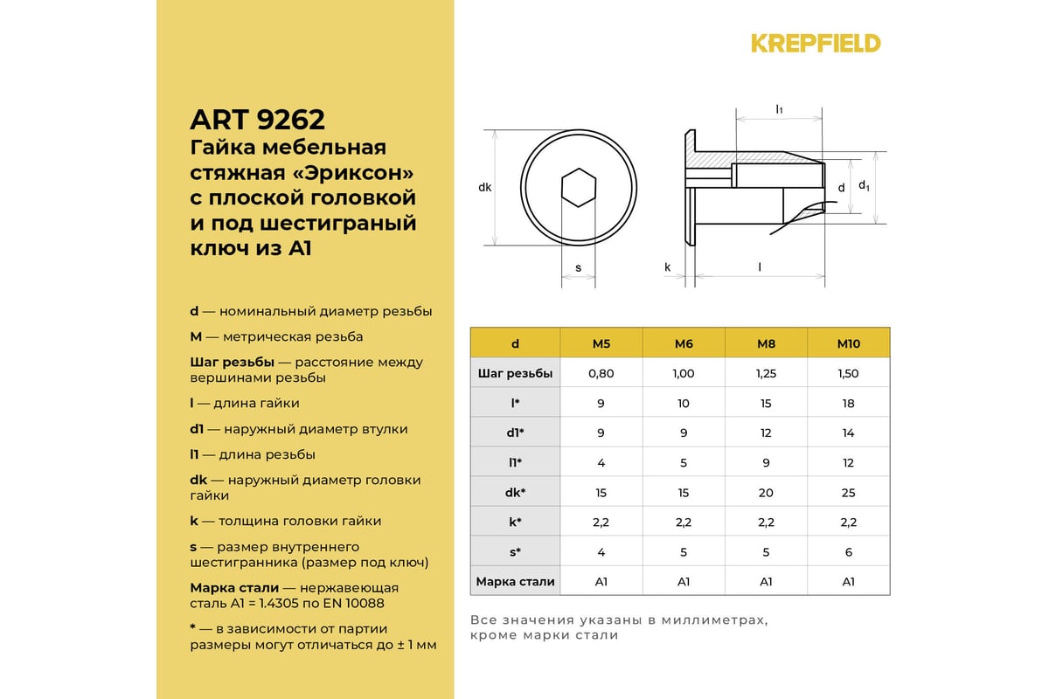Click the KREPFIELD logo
click(816, 43)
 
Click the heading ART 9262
click(257, 119)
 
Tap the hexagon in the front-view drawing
click(578, 187)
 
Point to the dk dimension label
click(485, 187)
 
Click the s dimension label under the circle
click(579, 267)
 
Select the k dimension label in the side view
click(667, 267)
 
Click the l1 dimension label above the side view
click(779, 109)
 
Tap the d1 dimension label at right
click(864, 185)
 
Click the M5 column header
click(601, 343)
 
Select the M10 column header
click(849, 343)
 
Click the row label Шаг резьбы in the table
click(515, 373)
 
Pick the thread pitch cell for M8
click(766, 373)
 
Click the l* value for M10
click(849, 403)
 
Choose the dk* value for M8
click(766, 492)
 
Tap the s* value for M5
click(601, 551)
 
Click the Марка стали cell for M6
click(684, 581)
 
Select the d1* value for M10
click(849, 433)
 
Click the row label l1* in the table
click(515, 462)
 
